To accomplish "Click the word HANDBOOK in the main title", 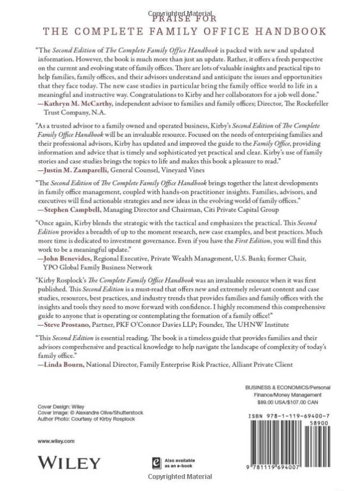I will coord(292,31).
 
